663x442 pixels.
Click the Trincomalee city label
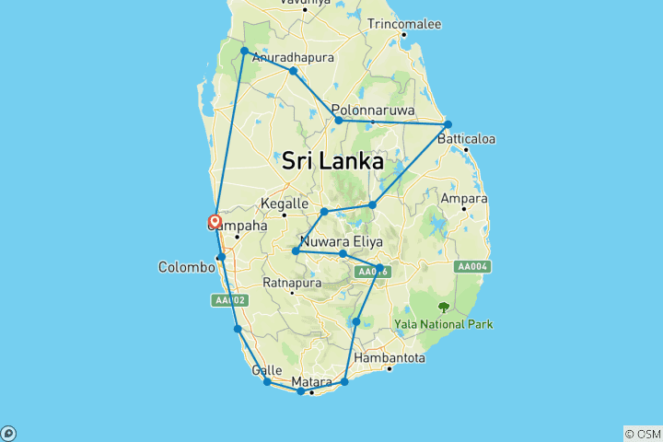pyautogui.click(x=404, y=24)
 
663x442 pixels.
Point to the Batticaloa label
pyautogui.click(x=466, y=139)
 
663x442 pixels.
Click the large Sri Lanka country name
pyautogui.click(x=332, y=160)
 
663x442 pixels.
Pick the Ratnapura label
pyautogui.click(x=292, y=283)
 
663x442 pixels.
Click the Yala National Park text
pyautogui.click(x=443, y=324)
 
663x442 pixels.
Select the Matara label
pyautogui.click(x=310, y=381)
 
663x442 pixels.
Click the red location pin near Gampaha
pyautogui.click(x=215, y=221)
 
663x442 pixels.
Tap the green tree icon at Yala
pyautogui.click(x=444, y=308)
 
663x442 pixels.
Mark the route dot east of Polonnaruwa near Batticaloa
pyautogui.click(x=448, y=124)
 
